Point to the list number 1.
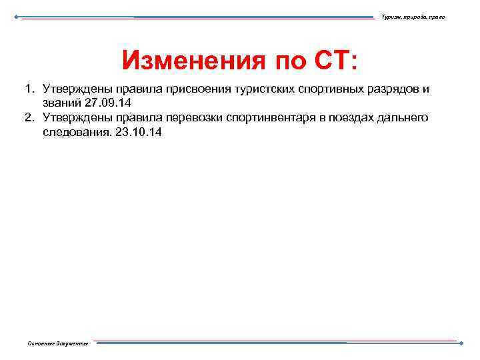[x=29, y=89]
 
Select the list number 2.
[x=29, y=118]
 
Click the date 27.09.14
[x=109, y=103]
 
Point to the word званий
[x=63, y=103]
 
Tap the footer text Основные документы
[x=57, y=343]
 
